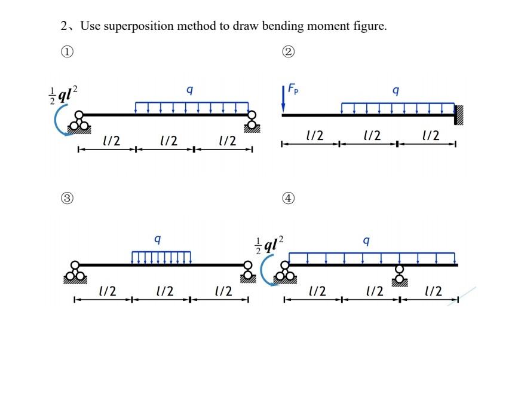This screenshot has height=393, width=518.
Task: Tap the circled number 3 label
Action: tap(69, 197)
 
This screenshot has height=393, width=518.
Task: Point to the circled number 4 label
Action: tap(289, 198)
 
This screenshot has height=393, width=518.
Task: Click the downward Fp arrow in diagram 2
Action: tap(283, 100)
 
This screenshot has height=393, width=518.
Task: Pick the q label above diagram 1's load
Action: tap(189, 90)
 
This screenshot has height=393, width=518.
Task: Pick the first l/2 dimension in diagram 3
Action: tap(106, 291)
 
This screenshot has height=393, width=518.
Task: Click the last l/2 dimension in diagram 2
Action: tap(431, 136)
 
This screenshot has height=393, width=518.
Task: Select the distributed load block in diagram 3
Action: tap(161, 257)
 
